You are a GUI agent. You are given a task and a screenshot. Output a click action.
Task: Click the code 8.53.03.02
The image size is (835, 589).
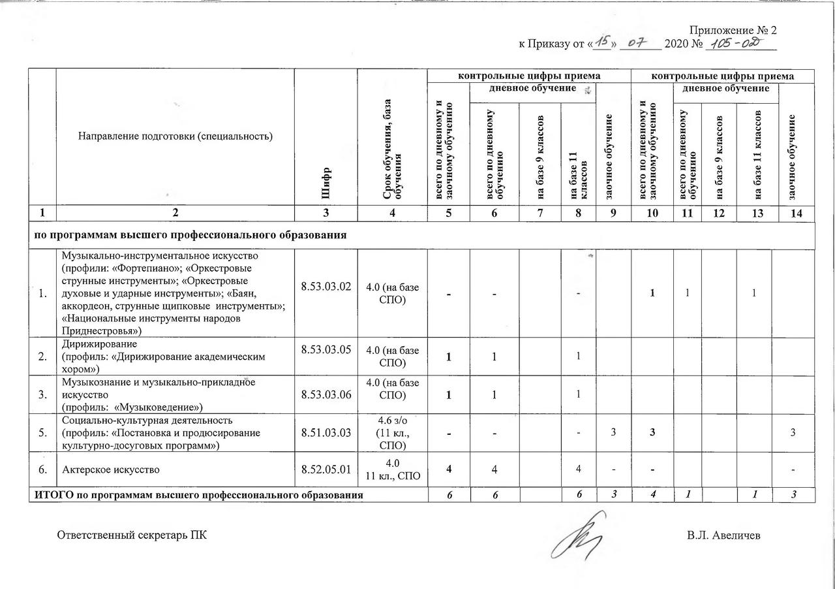pyautogui.click(x=326, y=286)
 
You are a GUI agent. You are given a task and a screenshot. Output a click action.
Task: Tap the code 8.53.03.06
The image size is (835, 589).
pyautogui.click(x=326, y=394)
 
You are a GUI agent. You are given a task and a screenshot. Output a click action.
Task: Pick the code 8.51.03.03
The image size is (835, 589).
pyautogui.click(x=326, y=432)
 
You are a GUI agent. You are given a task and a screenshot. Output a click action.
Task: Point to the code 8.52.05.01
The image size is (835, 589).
pyautogui.click(x=326, y=469)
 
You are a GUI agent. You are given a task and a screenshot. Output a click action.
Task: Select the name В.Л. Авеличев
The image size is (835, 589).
pyautogui.click(x=723, y=536)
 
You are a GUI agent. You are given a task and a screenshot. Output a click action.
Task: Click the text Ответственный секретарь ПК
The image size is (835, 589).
pyautogui.click(x=132, y=536)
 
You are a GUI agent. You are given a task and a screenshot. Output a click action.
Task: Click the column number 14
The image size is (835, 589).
pyautogui.click(x=793, y=214)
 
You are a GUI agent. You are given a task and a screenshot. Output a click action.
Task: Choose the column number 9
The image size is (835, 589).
pyautogui.click(x=613, y=214)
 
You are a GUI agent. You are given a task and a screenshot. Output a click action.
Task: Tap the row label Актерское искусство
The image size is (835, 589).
pyautogui.click(x=110, y=470)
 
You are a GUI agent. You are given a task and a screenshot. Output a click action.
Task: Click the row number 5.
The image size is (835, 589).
pyautogui.click(x=42, y=432)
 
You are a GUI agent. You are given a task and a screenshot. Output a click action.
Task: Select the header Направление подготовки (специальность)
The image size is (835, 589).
pyautogui.click(x=175, y=136)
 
